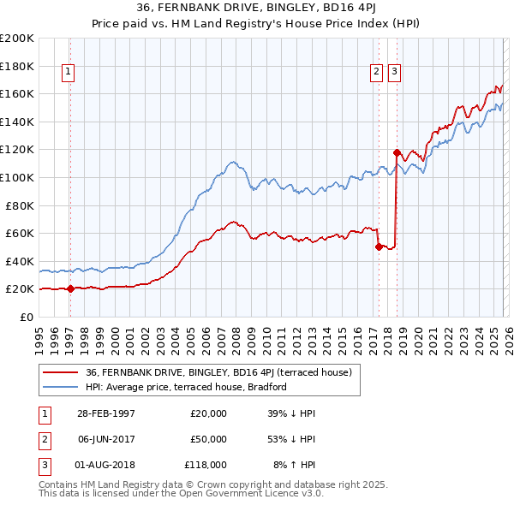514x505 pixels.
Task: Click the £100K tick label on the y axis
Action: [18, 177]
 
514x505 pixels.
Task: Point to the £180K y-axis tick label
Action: [18, 66]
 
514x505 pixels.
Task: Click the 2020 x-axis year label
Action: [418, 334]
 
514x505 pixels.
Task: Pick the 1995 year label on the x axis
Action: [39, 334]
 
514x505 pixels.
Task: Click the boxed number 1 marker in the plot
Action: [68, 73]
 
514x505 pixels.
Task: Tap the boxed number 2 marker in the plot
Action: [376, 73]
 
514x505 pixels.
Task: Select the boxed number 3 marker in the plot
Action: [394, 73]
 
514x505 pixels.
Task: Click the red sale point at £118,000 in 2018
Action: [397, 152]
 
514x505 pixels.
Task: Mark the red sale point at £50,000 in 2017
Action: [379, 247]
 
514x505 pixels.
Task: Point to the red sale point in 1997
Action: [71, 288]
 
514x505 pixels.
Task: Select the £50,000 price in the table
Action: [208, 439]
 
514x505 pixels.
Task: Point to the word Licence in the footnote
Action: [248, 495]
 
